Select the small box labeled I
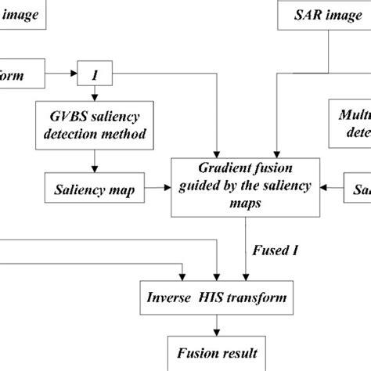tap(94, 75)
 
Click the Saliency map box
tap(95, 189)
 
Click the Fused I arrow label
tap(276, 251)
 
